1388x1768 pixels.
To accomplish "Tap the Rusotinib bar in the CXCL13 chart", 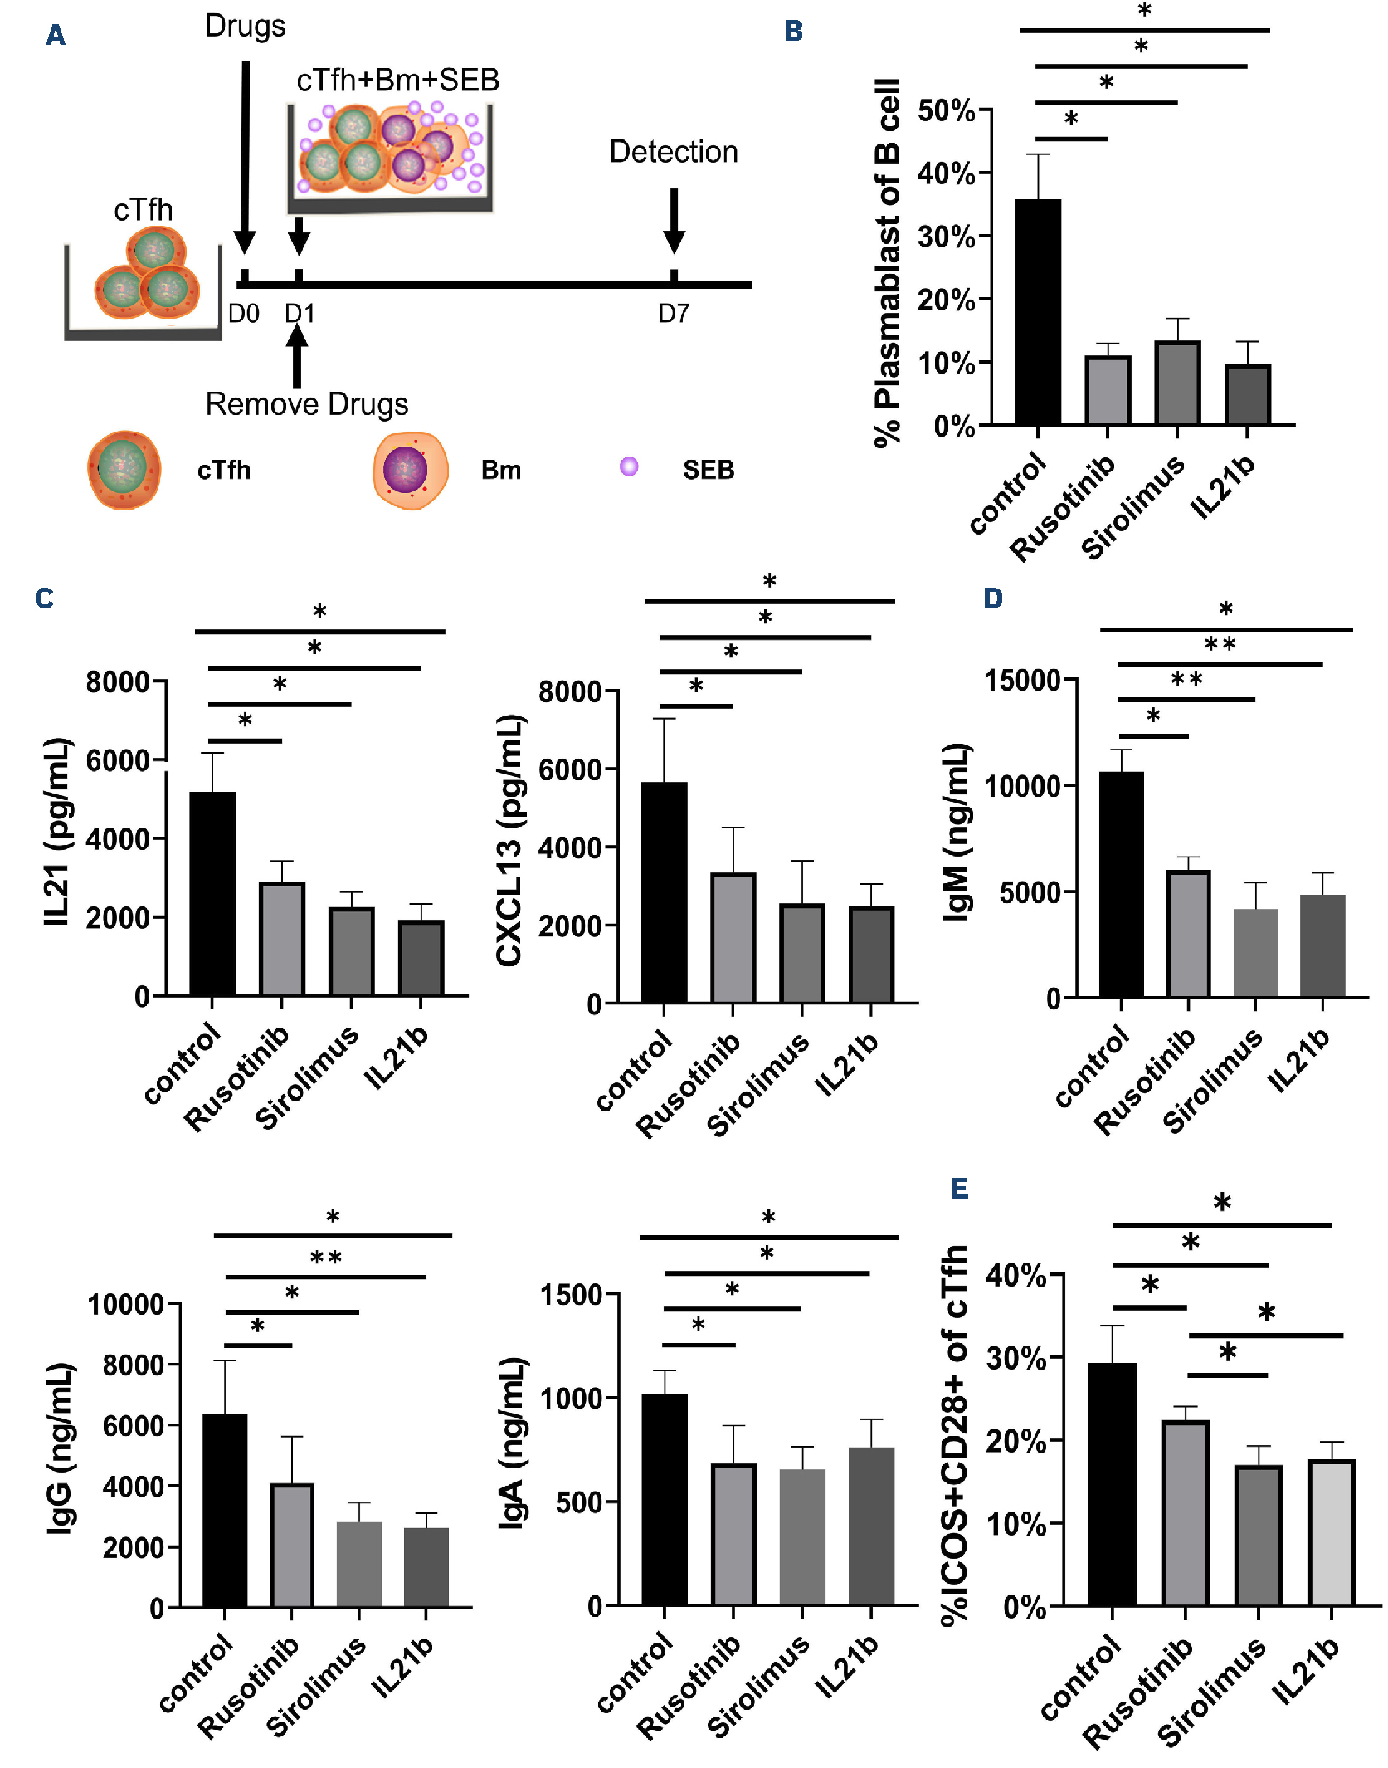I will [x=733, y=938].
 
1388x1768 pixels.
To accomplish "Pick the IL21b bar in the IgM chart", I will [x=1322, y=945].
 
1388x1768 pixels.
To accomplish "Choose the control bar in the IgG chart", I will [x=225, y=1511].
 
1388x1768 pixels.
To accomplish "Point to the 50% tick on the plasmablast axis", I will [x=947, y=110].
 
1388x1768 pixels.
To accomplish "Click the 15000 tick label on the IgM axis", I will [x=1023, y=681].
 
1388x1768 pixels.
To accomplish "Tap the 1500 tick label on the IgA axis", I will [x=571, y=1295].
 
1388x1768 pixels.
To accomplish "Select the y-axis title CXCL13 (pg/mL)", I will [x=509, y=840].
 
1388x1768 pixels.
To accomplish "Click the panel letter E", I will [x=959, y=1189].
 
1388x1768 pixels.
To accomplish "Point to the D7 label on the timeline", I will [x=674, y=314].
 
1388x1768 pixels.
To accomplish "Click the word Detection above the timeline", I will [x=674, y=152].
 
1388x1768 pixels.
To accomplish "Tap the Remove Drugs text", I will [x=307, y=404].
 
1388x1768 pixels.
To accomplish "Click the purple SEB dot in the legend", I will [x=629, y=466].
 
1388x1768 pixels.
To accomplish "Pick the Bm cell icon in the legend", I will [x=410, y=470].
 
